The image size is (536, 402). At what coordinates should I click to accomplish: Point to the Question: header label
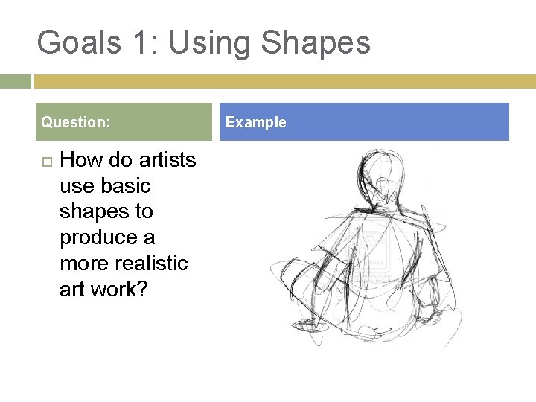(x=76, y=122)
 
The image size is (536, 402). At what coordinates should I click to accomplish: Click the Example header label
(x=255, y=122)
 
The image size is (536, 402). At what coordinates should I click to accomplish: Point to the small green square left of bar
(x=15, y=81)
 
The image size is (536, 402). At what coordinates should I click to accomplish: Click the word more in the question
(x=84, y=264)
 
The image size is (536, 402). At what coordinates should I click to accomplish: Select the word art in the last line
(x=71, y=290)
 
